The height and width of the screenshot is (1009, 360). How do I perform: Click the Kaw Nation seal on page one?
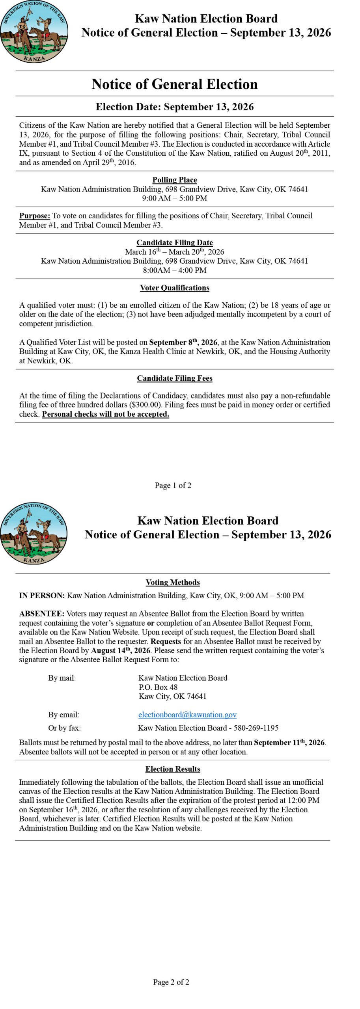click(x=34, y=32)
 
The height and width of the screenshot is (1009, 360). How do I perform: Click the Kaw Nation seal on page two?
click(x=34, y=534)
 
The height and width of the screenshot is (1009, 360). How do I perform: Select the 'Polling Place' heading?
click(x=175, y=180)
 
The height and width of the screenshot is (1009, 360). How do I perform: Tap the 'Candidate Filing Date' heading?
click(x=175, y=242)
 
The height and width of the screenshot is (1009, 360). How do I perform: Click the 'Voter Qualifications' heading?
click(x=175, y=288)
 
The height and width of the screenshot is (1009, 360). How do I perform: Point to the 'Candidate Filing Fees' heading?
click(x=175, y=378)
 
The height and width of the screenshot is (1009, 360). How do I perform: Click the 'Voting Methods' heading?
click(x=173, y=582)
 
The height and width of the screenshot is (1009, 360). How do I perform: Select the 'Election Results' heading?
click(x=173, y=769)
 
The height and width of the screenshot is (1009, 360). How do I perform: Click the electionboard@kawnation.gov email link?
click(x=187, y=715)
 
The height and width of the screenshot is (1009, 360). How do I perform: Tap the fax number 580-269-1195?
click(x=256, y=728)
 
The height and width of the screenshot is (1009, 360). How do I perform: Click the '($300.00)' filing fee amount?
click(x=145, y=405)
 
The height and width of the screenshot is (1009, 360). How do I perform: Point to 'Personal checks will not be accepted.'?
click(x=106, y=414)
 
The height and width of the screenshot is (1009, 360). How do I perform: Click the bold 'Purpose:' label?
click(x=35, y=216)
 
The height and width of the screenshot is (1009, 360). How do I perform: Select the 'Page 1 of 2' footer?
click(x=173, y=485)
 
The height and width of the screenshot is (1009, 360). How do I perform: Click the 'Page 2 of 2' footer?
click(x=171, y=982)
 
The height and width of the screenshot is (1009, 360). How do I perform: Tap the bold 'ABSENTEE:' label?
click(x=41, y=614)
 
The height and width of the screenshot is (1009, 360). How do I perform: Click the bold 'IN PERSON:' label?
click(x=42, y=596)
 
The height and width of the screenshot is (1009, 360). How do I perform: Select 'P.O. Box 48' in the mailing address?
click(x=158, y=687)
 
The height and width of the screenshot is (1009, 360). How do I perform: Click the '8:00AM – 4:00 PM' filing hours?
click(x=175, y=270)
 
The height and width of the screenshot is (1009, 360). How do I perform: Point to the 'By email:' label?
click(x=64, y=715)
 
